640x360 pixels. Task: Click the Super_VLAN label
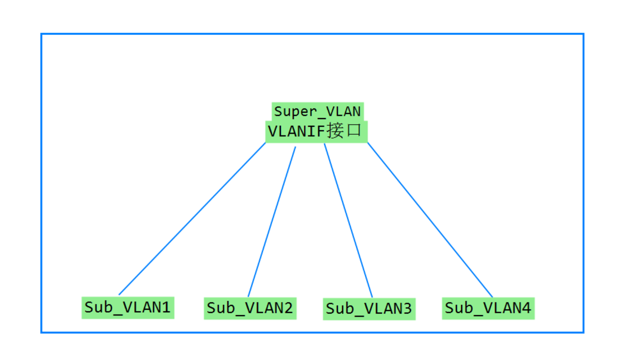[x=317, y=111]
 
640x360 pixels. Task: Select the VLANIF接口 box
[x=316, y=131]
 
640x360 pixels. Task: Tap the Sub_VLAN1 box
[x=128, y=308]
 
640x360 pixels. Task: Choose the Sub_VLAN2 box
[x=250, y=308]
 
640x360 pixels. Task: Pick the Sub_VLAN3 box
[x=369, y=308]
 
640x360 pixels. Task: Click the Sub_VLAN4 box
[x=488, y=308]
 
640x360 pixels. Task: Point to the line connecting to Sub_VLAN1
[x=192, y=219]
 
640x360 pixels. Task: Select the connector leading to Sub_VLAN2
[x=272, y=222]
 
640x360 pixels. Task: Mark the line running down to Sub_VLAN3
[x=348, y=220]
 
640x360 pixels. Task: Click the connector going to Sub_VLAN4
[x=430, y=220]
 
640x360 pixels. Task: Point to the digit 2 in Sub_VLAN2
[x=288, y=308]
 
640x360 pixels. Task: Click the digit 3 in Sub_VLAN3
[x=407, y=308]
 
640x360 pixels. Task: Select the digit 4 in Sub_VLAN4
[x=526, y=308]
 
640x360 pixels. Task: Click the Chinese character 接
[x=335, y=131]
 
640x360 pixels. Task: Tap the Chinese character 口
[x=354, y=131]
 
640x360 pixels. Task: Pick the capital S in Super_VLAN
[x=278, y=111]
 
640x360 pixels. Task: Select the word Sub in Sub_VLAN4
[x=458, y=308]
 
